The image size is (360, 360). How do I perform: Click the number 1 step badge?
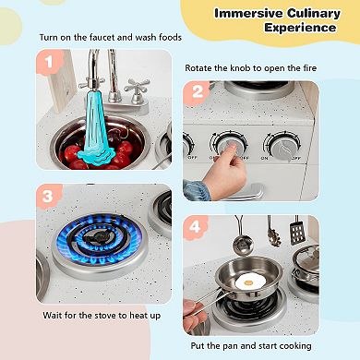point(49,63)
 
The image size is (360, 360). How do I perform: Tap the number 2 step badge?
point(197,92)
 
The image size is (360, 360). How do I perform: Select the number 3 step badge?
point(49,197)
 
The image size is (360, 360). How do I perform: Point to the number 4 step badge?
point(196,227)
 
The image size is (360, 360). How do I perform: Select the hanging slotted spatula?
point(296,230)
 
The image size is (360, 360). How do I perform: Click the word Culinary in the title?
point(314,14)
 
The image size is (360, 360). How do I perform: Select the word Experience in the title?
point(300,28)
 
